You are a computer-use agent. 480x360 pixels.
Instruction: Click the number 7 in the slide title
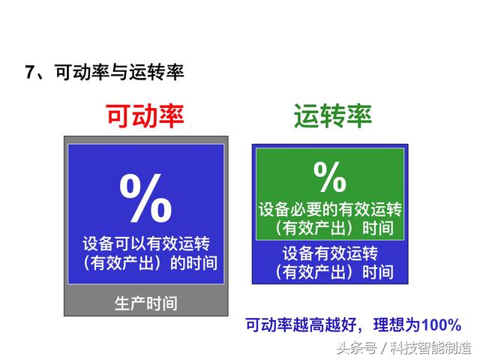30,72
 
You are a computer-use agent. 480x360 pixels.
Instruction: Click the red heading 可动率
145,116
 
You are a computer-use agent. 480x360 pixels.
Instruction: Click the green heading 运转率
333,116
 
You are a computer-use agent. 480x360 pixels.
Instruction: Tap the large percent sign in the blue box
145,198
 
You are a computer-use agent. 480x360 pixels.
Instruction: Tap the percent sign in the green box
330,177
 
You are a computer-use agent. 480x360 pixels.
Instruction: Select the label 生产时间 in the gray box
146,303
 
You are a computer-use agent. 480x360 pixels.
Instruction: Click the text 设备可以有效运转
146,244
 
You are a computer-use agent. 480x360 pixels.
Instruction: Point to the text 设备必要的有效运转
330,210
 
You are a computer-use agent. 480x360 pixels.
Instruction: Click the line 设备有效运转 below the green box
330,253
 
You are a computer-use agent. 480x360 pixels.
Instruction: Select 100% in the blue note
441,325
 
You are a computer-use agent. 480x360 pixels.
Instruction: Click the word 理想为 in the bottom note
397,325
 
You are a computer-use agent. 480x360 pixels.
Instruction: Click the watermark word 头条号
357,348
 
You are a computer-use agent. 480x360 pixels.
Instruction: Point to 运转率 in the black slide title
156,72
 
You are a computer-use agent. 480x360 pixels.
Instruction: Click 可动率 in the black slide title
82,72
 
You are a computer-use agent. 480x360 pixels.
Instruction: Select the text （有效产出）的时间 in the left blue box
150,263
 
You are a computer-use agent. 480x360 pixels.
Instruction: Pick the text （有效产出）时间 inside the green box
334,228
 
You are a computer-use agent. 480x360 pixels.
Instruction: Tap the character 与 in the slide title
119,72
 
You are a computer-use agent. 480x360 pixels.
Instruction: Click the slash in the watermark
383,348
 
